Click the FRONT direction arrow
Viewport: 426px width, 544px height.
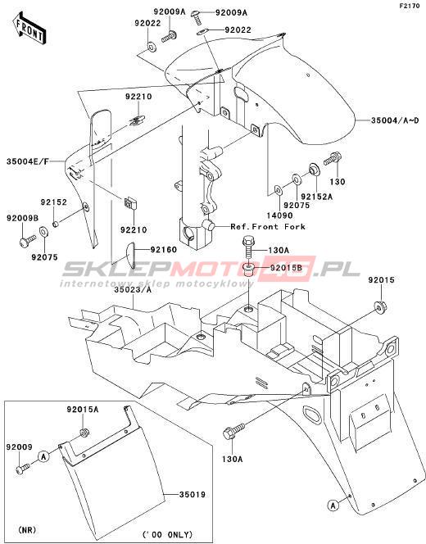point(29,29)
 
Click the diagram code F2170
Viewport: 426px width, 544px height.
point(409,6)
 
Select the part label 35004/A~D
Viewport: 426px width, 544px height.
point(395,120)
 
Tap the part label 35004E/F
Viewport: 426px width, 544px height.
point(28,161)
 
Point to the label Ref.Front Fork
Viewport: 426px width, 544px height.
point(268,227)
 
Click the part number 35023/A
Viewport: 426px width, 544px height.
point(133,290)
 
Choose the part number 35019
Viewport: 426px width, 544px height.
point(193,494)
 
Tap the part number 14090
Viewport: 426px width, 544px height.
point(279,215)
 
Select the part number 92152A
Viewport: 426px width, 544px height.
point(316,197)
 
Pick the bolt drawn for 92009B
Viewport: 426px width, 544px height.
point(27,241)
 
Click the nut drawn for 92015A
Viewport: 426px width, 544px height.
point(84,433)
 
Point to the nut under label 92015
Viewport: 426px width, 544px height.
point(380,306)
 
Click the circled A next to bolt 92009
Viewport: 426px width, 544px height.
point(43,456)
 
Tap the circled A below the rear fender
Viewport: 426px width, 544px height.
point(333,505)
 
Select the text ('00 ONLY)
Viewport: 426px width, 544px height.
point(167,534)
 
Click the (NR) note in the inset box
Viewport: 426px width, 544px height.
point(27,530)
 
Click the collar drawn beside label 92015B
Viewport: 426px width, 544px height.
point(249,269)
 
